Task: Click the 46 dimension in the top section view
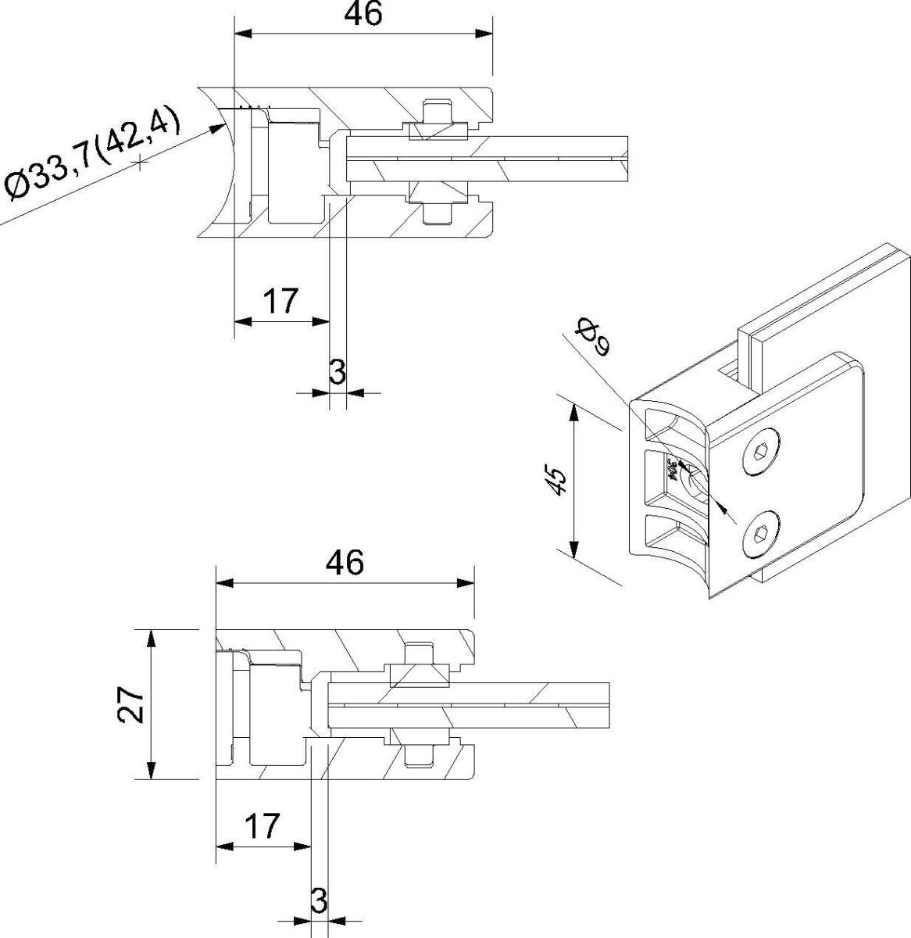[x=363, y=14]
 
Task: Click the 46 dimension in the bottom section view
[x=345, y=563]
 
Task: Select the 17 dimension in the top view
[x=280, y=301]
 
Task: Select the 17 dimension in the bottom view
[x=262, y=826]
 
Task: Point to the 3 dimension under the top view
[x=337, y=373]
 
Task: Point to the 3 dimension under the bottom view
[x=318, y=901]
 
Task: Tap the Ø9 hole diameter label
[x=591, y=336]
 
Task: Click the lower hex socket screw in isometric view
[x=762, y=535]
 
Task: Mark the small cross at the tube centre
[x=140, y=163]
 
